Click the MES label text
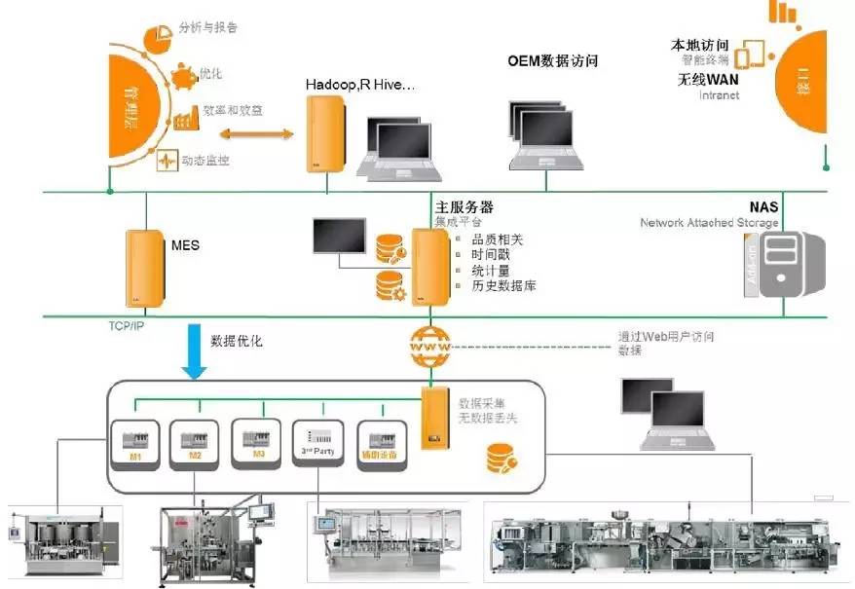point(185,245)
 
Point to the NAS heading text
point(763,207)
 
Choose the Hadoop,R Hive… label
point(360,86)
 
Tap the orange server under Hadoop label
point(325,136)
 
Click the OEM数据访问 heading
point(552,61)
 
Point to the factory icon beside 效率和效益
point(185,118)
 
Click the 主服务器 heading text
point(464,207)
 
